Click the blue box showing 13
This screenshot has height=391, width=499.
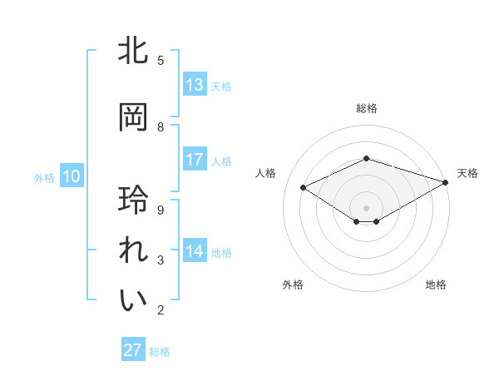[x=195, y=85]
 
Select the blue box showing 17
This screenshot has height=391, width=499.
[x=195, y=160]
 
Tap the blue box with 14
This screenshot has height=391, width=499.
[x=195, y=251]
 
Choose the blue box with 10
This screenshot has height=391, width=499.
[x=71, y=176]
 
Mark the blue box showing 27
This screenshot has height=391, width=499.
[x=133, y=350]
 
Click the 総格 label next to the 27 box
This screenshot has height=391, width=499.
[x=160, y=352]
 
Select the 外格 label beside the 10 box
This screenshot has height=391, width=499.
[x=44, y=177]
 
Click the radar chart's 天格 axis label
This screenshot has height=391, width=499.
[x=467, y=173]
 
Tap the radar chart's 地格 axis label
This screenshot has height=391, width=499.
[x=436, y=285]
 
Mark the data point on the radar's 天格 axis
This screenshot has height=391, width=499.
[x=447, y=182]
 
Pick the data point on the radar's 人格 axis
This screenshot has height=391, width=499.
[x=304, y=188]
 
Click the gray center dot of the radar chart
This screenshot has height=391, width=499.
[x=366, y=206]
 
